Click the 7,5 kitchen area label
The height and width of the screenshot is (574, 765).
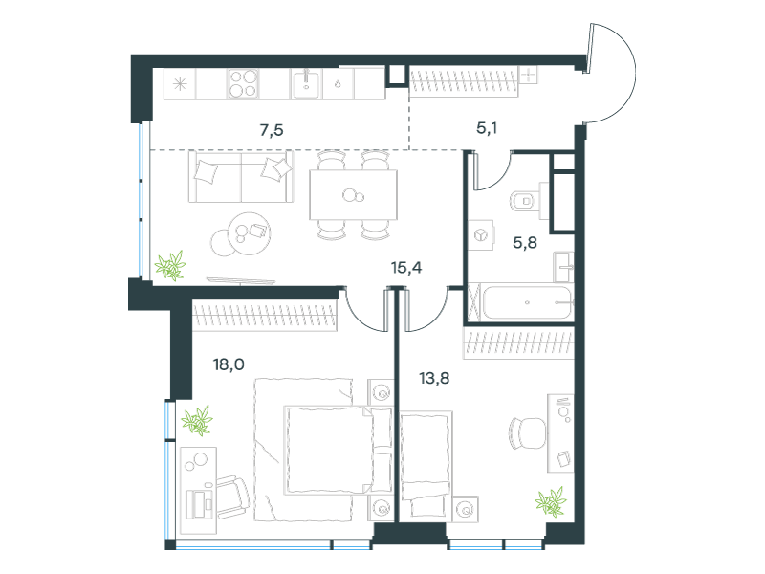click(272, 130)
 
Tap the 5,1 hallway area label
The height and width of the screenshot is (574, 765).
click(487, 128)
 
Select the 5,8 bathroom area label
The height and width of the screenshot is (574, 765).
click(525, 243)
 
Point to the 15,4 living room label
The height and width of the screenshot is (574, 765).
click(406, 268)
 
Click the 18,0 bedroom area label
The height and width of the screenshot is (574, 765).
click(229, 364)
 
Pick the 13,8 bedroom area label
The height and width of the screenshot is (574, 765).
click(434, 378)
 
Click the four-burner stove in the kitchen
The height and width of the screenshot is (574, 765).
click(243, 84)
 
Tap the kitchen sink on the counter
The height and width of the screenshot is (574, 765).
click(307, 84)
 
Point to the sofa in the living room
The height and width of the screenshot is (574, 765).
click(241, 176)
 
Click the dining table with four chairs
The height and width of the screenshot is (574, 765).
click(353, 195)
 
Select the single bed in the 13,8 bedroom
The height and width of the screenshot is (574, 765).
click(426, 464)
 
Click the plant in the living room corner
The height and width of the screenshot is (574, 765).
click(170, 266)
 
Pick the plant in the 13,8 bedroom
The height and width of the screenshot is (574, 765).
click(551, 501)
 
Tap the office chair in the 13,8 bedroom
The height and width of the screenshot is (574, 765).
click(527, 433)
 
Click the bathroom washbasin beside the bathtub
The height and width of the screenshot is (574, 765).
click(563, 267)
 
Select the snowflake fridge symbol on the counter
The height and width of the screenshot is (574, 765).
click(180, 84)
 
